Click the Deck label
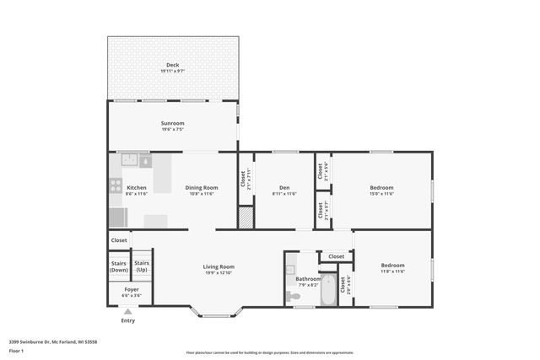172,65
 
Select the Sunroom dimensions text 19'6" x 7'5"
172,130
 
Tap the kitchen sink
129,159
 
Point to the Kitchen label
136,187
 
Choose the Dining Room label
202,187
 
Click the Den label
284,187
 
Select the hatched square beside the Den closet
246,218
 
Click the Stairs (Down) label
119,266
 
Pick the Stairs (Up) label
142,266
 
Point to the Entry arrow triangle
127,312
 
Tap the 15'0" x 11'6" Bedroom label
381,187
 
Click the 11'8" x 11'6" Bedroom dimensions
392,271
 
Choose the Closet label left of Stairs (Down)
119,240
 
